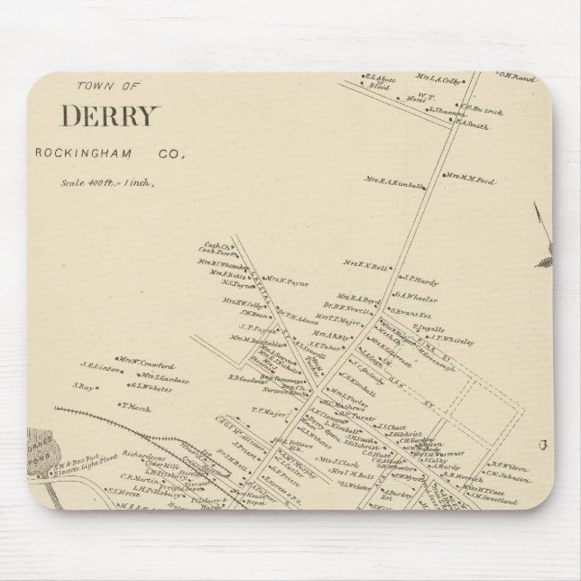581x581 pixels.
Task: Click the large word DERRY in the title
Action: tap(111, 116)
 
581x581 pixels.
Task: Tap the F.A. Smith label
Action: tap(471, 127)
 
